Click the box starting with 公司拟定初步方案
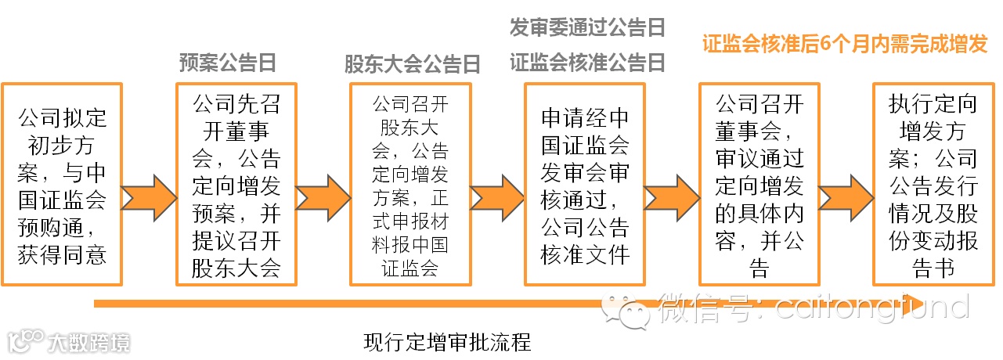click(62, 185)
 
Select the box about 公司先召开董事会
click(236, 185)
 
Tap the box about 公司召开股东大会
click(410, 185)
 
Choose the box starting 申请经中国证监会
click(585, 185)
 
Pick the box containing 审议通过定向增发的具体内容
click(759, 185)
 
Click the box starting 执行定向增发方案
click(933, 185)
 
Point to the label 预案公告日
click(228, 63)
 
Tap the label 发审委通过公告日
click(587, 29)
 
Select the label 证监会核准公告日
click(587, 63)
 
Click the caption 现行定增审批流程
click(448, 343)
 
